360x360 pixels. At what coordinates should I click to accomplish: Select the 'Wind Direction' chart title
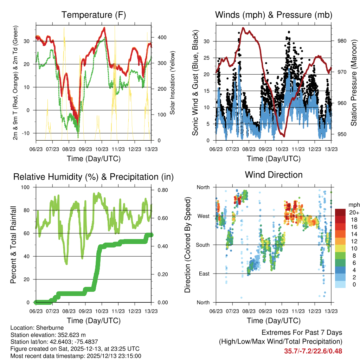[274, 174]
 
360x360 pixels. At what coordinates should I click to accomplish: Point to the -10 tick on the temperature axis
[28, 133]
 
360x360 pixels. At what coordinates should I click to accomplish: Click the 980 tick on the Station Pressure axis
[342, 41]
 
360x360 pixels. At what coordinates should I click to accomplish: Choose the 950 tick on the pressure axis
[342, 134]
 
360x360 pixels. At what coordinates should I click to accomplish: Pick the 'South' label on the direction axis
[202, 245]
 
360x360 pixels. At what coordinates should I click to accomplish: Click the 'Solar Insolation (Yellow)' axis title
[173, 83]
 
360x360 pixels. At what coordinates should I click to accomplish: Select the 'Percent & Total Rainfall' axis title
[13, 245]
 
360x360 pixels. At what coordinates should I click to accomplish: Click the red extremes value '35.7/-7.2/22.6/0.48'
[313, 351]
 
